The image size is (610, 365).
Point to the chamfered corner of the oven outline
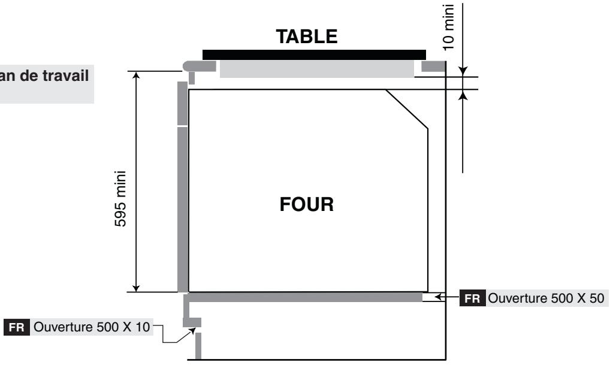click(407, 108)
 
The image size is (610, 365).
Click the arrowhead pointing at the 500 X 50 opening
click(439, 296)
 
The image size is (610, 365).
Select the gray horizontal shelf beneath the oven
click(306, 297)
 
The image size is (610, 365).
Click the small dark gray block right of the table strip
click(433, 66)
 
